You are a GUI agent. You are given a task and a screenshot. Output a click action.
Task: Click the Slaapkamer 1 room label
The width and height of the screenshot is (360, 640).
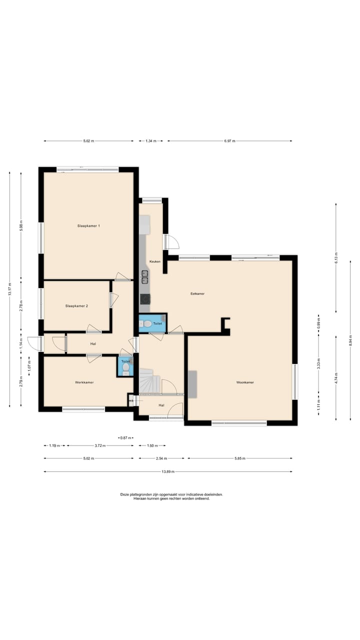click(88, 225)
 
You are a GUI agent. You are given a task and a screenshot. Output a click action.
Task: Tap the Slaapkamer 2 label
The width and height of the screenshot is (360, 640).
click(76, 305)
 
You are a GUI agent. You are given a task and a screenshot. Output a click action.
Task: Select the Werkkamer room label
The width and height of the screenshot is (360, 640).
click(84, 382)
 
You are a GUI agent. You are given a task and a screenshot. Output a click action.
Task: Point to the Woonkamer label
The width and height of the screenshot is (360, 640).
click(245, 382)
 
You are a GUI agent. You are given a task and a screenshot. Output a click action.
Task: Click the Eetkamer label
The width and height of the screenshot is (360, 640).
click(197, 293)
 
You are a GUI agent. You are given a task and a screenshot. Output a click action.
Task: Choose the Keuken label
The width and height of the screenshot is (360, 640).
click(155, 261)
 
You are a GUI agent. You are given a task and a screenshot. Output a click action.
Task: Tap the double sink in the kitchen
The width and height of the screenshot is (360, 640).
click(145, 277)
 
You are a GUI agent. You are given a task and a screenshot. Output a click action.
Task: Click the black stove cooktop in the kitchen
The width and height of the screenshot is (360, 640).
click(145, 299)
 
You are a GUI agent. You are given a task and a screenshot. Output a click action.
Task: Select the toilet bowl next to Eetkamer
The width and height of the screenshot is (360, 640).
click(147, 323)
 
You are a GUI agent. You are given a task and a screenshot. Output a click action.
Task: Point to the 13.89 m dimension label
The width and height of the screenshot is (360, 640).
click(168, 471)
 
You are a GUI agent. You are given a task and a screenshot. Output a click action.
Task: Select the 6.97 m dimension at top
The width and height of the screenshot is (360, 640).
click(229, 141)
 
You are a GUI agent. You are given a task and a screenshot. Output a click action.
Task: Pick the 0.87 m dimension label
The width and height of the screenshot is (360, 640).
click(125, 437)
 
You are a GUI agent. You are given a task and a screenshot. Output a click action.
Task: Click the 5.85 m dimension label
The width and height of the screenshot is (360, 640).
click(240, 458)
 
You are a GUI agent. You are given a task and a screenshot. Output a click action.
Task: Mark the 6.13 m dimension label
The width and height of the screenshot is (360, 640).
click(336, 257)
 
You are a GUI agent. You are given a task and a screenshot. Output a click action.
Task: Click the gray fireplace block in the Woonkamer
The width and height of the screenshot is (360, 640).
click(192, 384)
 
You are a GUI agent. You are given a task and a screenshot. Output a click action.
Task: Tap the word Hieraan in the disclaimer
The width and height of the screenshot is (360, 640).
click(139, 498)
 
